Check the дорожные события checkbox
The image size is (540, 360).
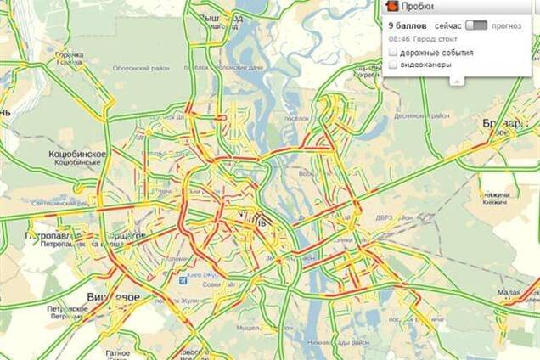[392, 53]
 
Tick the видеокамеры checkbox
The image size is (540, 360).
[392, 65]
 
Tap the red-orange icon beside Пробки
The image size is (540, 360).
[391, 7]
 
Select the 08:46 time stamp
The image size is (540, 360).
[398, 38]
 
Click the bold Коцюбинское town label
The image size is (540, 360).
[78, 154]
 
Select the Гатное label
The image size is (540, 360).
[118, 352]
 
